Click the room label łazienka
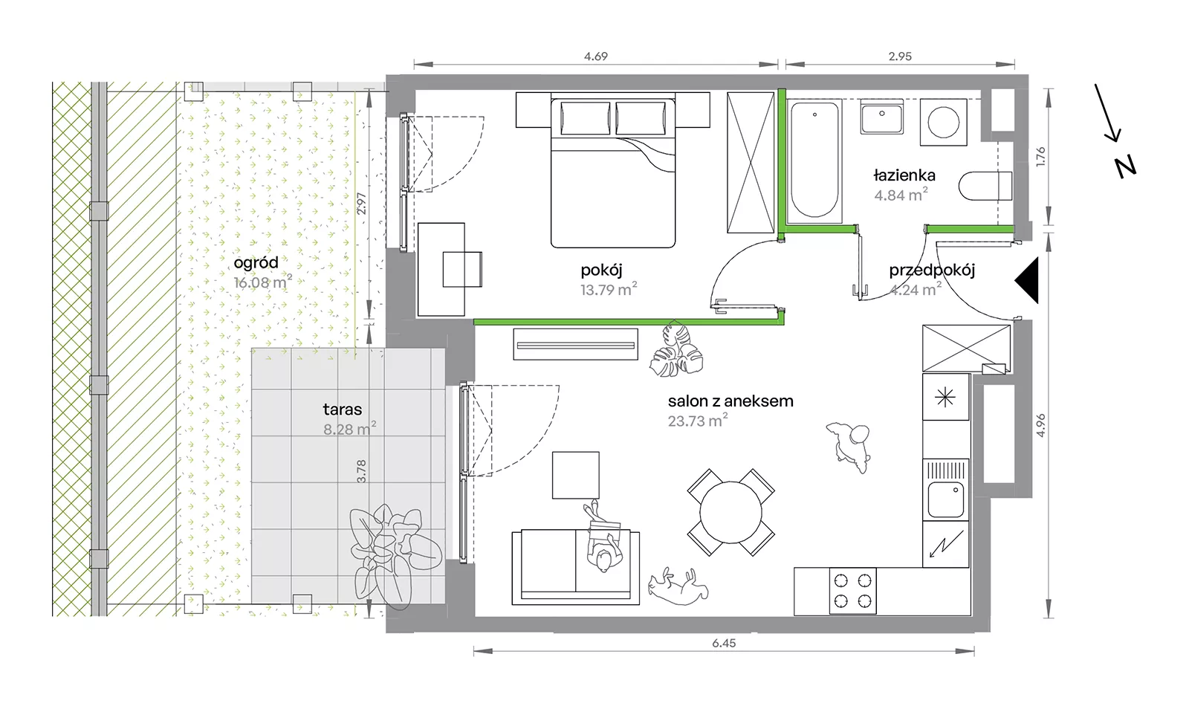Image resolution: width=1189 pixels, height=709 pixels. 904,175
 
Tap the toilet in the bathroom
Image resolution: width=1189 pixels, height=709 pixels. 985,186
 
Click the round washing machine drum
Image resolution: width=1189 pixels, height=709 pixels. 943,122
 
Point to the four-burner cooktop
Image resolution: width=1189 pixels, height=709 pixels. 852,591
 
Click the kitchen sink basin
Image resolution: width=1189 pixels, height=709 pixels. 945,499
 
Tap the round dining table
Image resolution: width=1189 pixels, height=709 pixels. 730,512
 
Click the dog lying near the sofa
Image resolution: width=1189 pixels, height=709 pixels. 678,586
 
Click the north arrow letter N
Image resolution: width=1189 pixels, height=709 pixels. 1125,166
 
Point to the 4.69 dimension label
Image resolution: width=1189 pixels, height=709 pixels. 595,56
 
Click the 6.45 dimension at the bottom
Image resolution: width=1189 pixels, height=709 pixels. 724,643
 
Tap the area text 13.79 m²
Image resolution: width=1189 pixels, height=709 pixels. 609,289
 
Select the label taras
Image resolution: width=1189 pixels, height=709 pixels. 343,409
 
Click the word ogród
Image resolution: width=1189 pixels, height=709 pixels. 256,262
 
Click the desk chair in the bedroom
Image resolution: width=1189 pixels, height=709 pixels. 462,269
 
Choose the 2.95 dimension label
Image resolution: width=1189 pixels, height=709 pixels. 900,56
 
